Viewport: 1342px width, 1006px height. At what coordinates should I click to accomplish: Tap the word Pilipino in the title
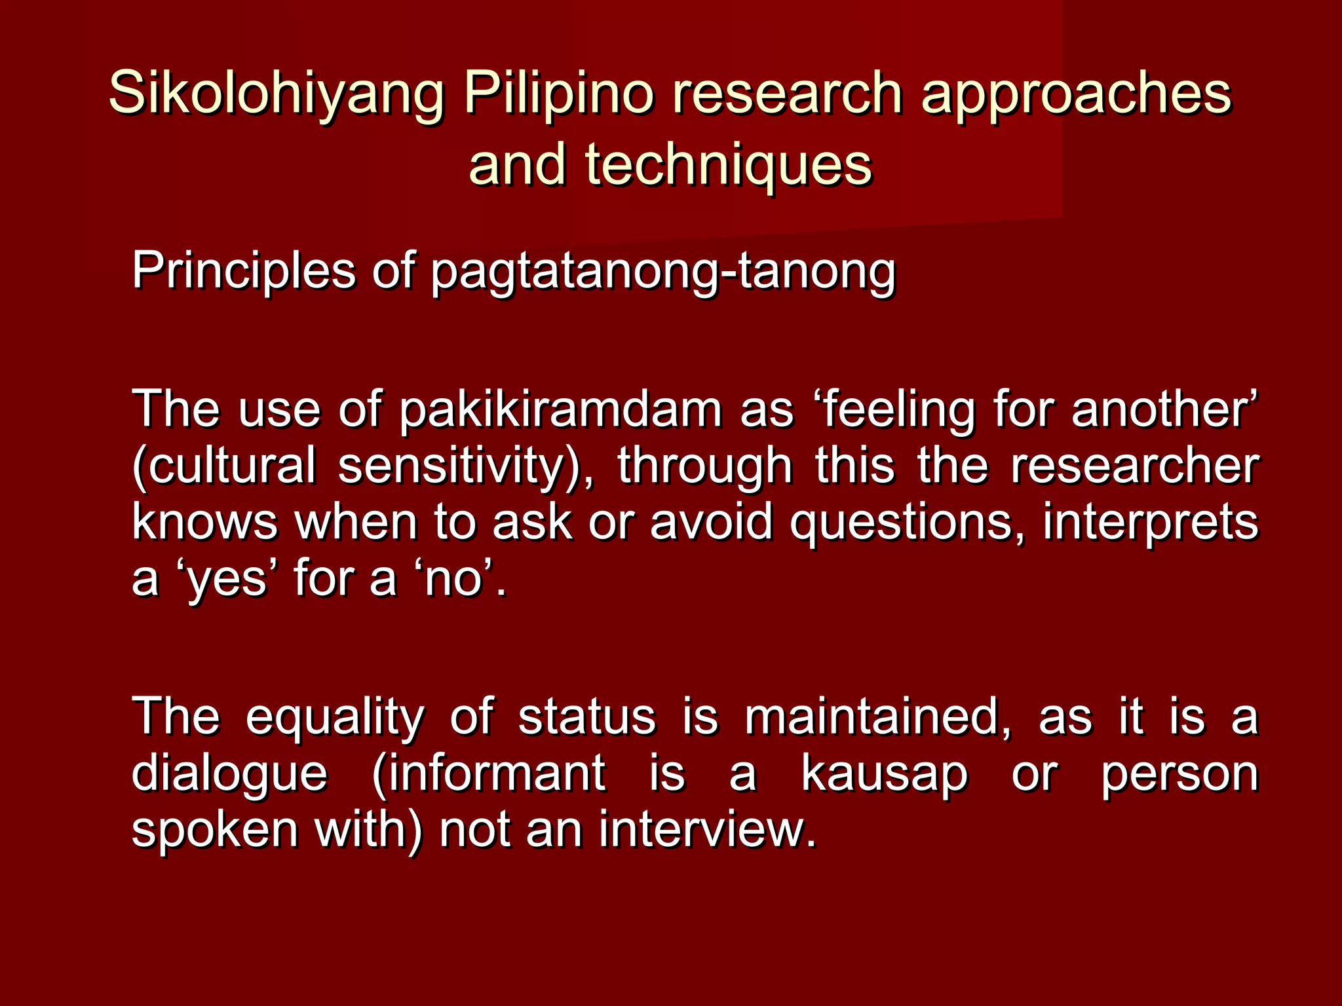558,94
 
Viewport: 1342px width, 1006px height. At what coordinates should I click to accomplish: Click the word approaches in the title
1076,94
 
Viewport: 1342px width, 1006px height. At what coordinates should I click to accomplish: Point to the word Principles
243,270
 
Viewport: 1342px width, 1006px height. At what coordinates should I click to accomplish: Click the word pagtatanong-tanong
662,270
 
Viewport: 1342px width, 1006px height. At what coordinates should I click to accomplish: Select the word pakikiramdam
560,410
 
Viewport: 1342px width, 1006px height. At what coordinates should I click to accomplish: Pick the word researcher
1134,466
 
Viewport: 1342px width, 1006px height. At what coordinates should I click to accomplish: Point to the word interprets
1151,523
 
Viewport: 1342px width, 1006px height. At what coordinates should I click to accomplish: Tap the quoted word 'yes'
226,579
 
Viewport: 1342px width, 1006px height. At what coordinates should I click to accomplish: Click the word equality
335,717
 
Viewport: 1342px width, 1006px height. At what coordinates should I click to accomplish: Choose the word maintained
878,717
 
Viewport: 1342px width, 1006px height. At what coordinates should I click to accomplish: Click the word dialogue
229,773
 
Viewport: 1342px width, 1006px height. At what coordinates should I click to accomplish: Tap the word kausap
884,773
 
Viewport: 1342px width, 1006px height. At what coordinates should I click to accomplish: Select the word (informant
489,773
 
